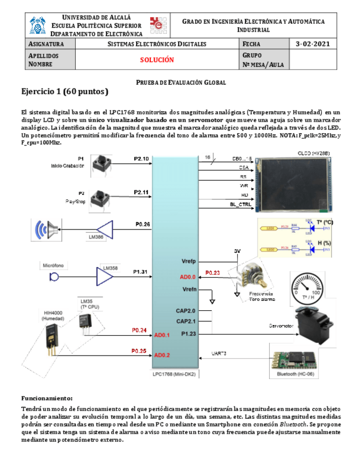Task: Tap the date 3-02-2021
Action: pos(312,44)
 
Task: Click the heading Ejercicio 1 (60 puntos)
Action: pos(65,91)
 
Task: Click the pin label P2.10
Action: pos(141,159)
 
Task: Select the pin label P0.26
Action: pos(143,225)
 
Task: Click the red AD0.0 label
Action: pos(187,277)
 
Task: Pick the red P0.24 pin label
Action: pos(139,330)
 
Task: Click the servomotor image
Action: pos(313,322)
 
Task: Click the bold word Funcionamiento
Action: pos(46,398)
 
